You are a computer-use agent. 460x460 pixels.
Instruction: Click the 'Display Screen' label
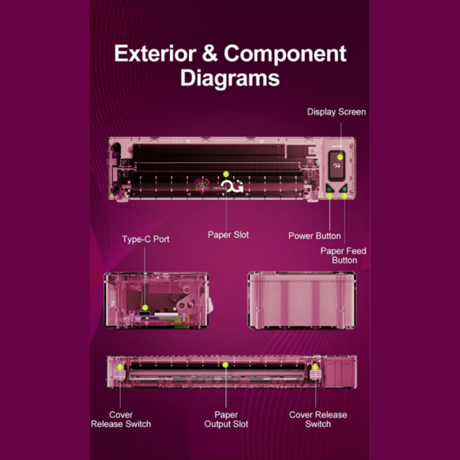[336, 112]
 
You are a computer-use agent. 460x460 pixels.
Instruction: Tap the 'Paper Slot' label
[228, 235]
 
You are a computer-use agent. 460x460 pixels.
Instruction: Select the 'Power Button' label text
[315, 236]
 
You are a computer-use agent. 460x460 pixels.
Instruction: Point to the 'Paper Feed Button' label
[343, 255]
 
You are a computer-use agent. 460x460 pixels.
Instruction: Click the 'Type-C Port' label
[145, 239]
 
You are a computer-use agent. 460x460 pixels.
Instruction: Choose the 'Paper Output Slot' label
[226, 419]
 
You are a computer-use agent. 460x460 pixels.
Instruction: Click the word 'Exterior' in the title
[155, 53]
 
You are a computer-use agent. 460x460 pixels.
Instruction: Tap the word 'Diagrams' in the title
[230, 78]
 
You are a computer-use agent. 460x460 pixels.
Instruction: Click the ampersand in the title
[210, 53]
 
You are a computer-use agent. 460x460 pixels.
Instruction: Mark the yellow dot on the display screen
[340, 157]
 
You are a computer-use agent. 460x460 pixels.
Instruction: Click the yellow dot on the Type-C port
[145, 308]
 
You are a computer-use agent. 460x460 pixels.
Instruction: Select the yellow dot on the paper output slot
[225, 365]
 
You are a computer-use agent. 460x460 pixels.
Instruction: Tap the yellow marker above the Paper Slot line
[225, 174]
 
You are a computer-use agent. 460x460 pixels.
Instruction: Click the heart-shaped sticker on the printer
[202, 186]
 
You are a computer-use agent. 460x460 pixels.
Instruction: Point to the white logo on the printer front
[232, 186]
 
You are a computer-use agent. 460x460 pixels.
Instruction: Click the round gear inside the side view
[182, 306]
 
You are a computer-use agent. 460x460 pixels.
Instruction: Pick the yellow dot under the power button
[329, 196]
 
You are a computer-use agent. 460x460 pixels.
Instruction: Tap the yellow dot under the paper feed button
[344, 195]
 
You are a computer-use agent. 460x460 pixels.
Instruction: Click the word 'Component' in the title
[285, 54]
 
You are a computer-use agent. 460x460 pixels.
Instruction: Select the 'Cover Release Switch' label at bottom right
[318, 419]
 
